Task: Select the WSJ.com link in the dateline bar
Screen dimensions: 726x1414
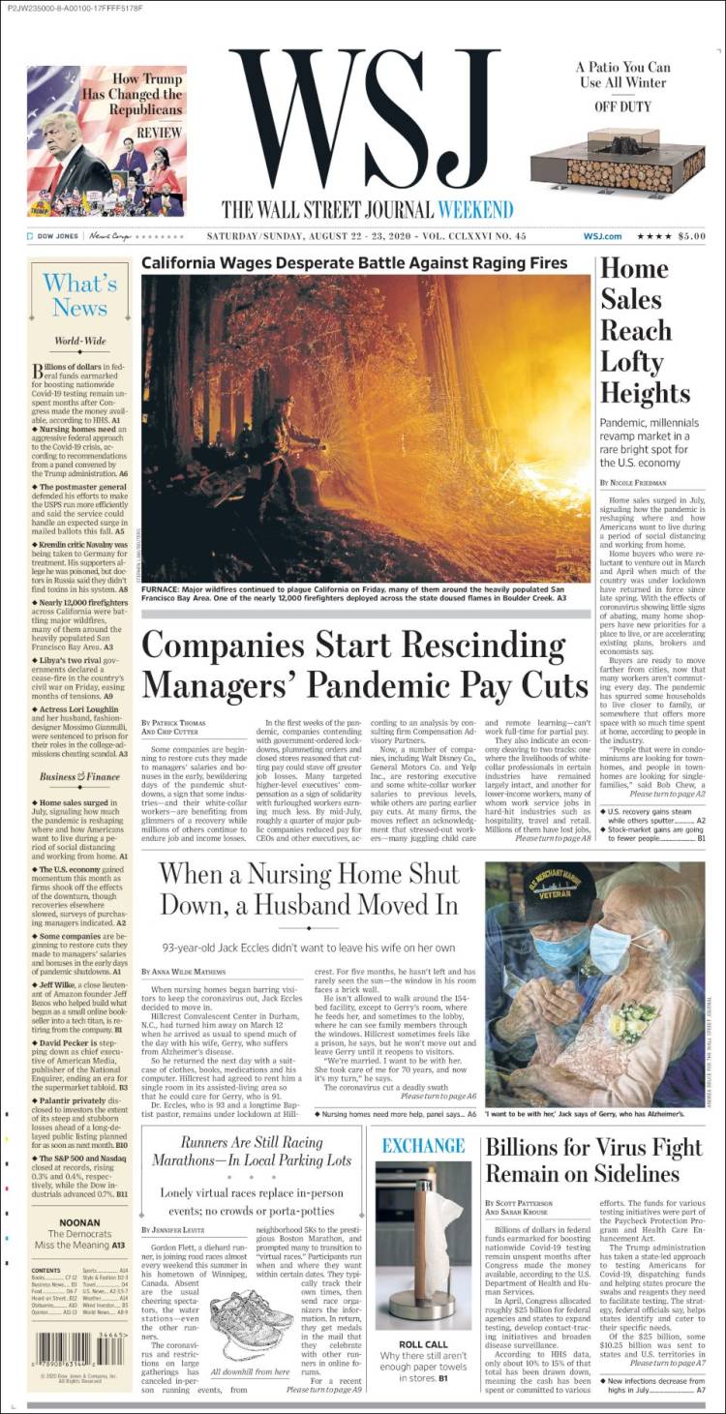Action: click(x=601, y=236)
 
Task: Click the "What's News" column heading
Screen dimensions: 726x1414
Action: click(x=80, y=295)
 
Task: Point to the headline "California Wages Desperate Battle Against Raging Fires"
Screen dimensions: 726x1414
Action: click(x=354, y=262)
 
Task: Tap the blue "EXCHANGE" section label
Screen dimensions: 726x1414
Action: click(x=423, y=1146)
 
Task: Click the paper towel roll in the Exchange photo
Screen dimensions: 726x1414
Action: click(x=423, y=1239)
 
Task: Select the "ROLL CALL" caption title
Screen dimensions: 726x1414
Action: click(x=423, y=1345)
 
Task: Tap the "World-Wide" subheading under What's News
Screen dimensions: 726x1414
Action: click(x=80, y=341)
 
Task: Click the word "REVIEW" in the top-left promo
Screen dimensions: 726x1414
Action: click(x=159, y=133)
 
